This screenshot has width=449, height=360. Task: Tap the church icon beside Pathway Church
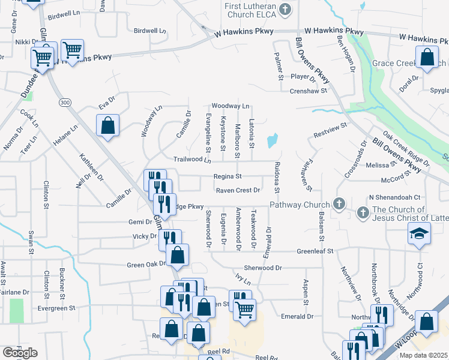pos(339,205)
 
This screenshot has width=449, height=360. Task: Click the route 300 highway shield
pos(64,103)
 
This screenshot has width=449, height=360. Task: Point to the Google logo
pos(20,353)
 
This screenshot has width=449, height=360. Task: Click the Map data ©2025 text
pos(424,355)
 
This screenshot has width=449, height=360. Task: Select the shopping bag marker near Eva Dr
pos(107,125)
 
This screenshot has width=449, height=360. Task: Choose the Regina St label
pos(228,176)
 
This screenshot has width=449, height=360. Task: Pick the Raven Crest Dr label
pos(238,190)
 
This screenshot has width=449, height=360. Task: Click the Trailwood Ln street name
pos(192,160)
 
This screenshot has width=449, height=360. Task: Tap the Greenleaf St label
pos(313,251)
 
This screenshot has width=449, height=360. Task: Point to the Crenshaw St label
pos(307,91)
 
